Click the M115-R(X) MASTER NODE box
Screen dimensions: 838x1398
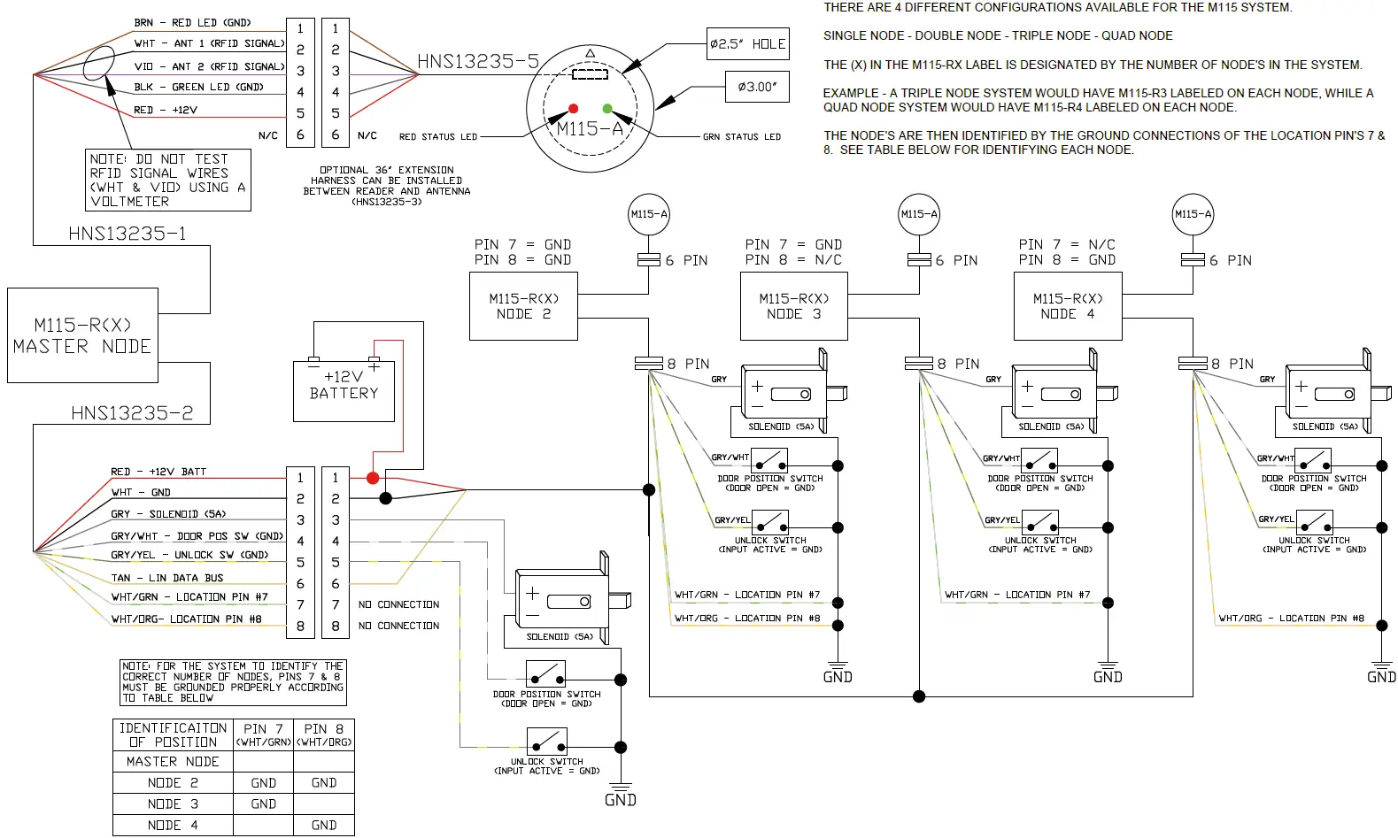tap(82, 335)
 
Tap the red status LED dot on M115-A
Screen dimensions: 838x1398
tap(573, 109)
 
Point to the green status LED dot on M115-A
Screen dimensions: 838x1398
tap(607, 109)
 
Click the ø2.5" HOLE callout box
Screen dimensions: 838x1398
tap(747, 44)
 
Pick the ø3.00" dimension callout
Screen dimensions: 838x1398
tap(756, 87)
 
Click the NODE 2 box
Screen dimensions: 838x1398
tap(522, 306)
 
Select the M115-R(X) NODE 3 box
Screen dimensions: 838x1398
tap(793, 306)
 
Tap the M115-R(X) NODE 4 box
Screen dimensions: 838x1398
tap(1067, 306)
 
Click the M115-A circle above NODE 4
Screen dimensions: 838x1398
tap(1193, 214)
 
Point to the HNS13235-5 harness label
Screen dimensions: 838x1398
tap(478, 61)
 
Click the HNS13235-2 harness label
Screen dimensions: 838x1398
tap(132, 413)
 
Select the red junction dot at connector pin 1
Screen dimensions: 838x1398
tap(373, 478)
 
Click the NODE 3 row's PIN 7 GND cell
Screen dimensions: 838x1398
tap(263, 804)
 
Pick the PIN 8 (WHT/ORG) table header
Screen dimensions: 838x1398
tap(323, 734)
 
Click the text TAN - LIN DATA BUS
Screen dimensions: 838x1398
tap(167, 578)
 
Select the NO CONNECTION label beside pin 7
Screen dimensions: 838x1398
tap(398, 604)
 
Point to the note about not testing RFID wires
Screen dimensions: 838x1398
tap(168, 180)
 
